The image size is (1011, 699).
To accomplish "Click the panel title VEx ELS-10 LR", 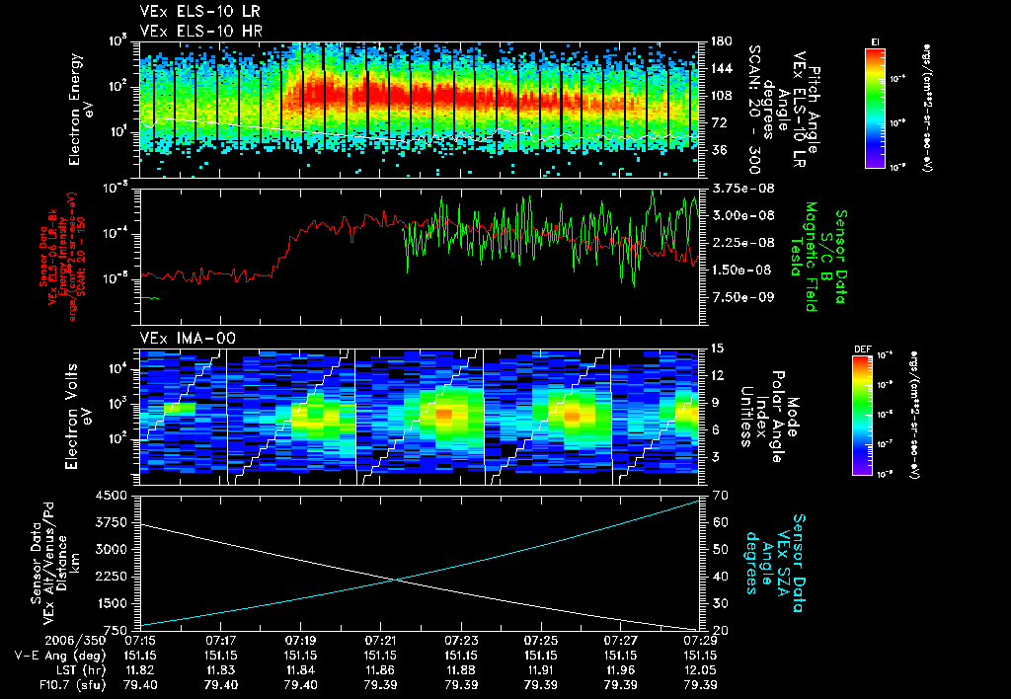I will (x=187, y=13).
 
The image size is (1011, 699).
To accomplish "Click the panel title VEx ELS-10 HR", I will (x=187, y=31).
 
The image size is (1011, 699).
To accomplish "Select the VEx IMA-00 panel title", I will (x=187, y=338).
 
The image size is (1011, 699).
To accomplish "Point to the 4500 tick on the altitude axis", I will (x=117, y=495).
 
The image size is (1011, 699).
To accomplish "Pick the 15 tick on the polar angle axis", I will (x=716, y=349).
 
